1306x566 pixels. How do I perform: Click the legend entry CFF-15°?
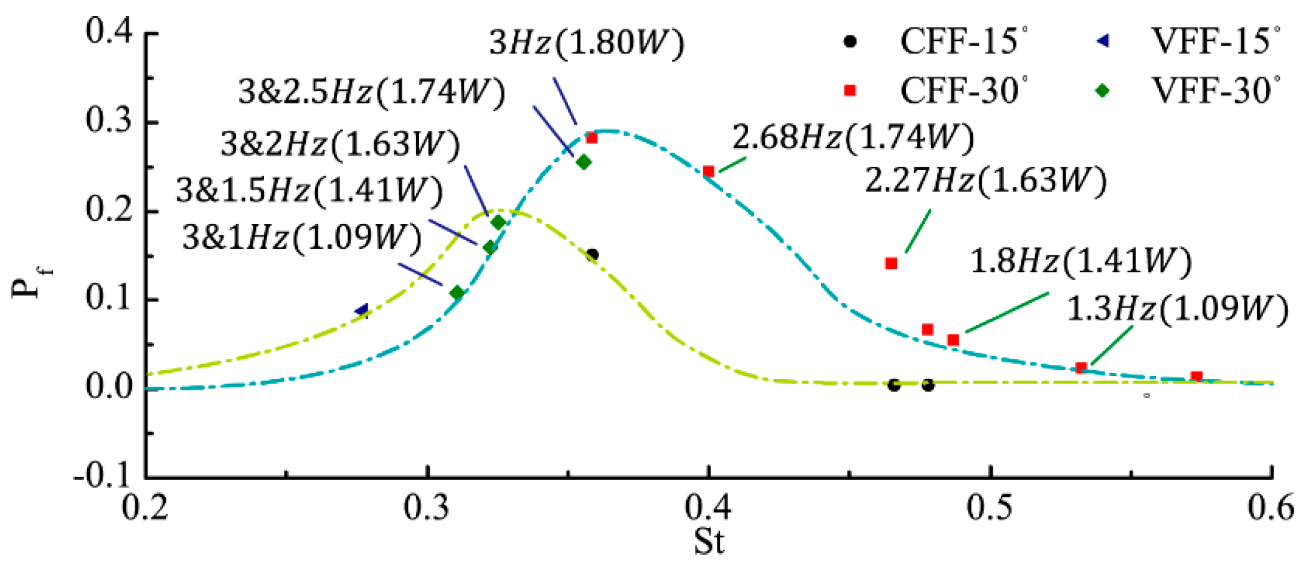click(x=962, y=42)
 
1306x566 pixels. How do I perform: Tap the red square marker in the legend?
click(x=849, y=91)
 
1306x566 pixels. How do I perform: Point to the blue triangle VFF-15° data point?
click(x=362, y=309)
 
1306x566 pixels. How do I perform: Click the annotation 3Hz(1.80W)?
click(x=586, y=44)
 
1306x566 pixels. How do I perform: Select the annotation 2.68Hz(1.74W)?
click(x=853, y=137)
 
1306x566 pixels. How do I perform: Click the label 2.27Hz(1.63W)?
click(x=985, y=181)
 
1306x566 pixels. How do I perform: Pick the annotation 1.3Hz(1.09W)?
click(x=1176, y=309)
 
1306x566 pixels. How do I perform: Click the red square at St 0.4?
click(x=708, y=171)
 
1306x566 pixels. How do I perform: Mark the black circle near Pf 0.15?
click(x=592, y=255)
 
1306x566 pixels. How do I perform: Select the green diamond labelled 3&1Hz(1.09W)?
click(x=457, y=293)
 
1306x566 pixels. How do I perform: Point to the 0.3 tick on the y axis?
click(x=110, y=121)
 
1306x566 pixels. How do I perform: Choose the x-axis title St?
click(x=709, y=541)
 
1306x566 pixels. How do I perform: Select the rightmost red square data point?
click(x=1196, y=376)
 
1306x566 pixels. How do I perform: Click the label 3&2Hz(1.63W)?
click(x=340, y=144)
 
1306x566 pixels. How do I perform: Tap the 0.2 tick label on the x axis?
click(x=145, y=508)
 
